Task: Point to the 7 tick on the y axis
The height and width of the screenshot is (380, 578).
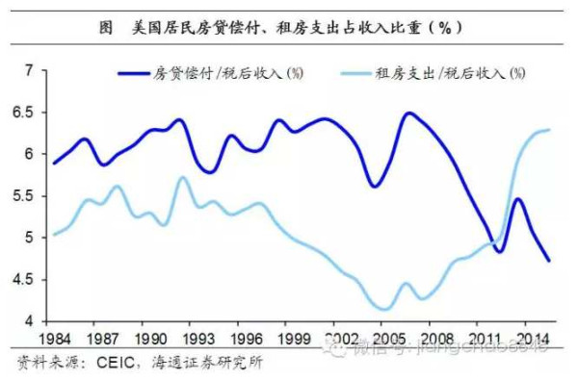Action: (29, 71)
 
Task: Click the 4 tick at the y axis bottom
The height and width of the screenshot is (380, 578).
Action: (29, 321)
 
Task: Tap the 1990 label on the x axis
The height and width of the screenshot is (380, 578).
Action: (152, 341)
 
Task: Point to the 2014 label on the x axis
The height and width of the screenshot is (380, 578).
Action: (533, 341)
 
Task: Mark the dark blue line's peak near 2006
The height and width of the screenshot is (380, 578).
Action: (408, 114)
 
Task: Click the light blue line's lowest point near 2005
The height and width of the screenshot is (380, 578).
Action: (384, 309)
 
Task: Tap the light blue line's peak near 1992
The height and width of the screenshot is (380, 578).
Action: (180, 177)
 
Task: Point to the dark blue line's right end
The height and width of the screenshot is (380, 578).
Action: (549, 261)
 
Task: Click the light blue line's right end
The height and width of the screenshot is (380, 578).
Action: (549, 130)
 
